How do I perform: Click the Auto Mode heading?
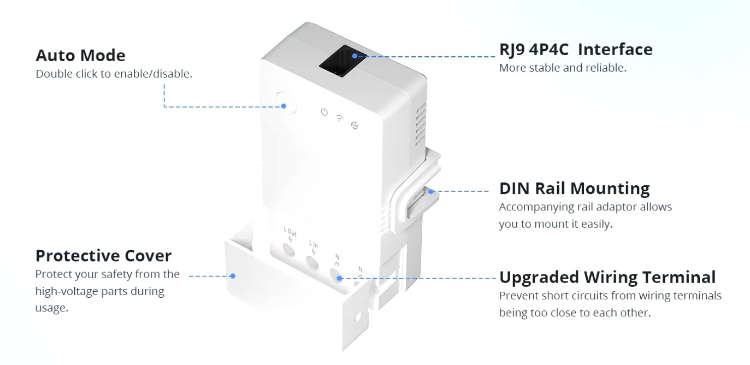(x=80, y=56)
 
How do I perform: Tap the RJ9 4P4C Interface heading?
(x=576, y=50)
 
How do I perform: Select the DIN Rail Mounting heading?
(x=574, y=189)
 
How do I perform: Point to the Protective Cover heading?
(x=103, y=256)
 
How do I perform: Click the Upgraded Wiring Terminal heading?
(x=607, y=277)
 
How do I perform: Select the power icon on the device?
(x=324, y=112)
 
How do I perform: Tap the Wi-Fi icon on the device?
(x=339, y=118)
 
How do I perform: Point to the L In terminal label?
(x=314, y=245)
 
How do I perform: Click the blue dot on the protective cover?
(x=233, y=276)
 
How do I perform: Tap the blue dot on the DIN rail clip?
(x=431, y=191)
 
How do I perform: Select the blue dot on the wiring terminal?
(x=339, y=278)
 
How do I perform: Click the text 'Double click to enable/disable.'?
(x=114, y=74)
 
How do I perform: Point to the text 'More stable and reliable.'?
(x=562, y=68)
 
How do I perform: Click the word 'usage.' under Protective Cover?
(x=52, y=308)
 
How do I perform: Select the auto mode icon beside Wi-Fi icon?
(x=354, y=125)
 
